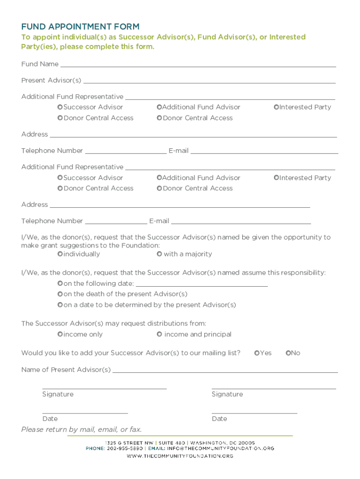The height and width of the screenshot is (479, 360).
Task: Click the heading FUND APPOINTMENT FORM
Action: coord(80,27)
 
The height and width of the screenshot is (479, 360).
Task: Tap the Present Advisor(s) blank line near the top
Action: coord(209,81)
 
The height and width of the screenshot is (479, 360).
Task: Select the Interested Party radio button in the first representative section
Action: coord(276,107)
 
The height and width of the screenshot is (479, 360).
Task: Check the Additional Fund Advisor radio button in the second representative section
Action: coord(159,178)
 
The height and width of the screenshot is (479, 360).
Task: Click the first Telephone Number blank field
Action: coord(126,151)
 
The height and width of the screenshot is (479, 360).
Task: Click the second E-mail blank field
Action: coord(241,221)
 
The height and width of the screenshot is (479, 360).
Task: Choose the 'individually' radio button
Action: coord(60,254)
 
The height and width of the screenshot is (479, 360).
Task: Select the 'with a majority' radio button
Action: coord(159,254)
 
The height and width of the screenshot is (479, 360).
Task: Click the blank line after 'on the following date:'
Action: coord(201,284)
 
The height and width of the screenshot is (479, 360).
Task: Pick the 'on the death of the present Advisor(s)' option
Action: coord(60,294)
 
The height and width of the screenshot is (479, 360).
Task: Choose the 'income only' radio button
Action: coord(60,334)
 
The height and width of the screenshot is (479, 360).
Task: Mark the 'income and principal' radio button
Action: coord(159,334)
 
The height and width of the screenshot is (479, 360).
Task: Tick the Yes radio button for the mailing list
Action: coord(257,353)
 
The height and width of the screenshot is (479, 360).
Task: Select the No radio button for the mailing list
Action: coord(288,353)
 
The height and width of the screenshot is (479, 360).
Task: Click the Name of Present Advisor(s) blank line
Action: coord(225,370)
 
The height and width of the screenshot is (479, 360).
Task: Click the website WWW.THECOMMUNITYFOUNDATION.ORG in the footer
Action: coord(180,456)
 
